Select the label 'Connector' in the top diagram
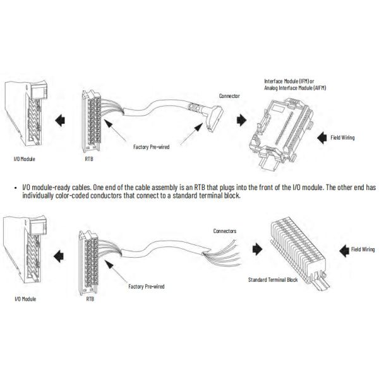point(229,96)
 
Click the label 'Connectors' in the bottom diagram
point(225,231)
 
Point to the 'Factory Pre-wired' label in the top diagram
point(152,147)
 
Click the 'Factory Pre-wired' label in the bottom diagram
point(146,286)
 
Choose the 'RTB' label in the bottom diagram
point(90,299)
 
